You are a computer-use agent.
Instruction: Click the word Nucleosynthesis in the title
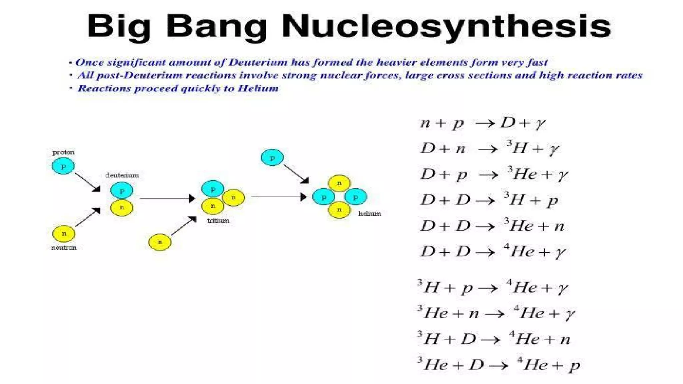[x=446, y=27]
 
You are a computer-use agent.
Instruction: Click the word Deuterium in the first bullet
[x=258, y=62]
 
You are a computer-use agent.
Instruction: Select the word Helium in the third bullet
[x=258, y=88]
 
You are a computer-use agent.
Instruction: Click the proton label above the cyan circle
[x=63, y=152]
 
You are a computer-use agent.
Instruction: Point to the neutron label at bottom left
[x=64, y=248]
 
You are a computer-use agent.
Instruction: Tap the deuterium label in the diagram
[x=122, y=175]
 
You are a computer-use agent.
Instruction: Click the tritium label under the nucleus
[x=218, y=221]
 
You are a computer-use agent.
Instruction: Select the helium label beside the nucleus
[x=370, y=214]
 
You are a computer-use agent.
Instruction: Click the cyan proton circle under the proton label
[x=63, y=166]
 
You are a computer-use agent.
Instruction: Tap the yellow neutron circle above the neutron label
[x=64, y=233]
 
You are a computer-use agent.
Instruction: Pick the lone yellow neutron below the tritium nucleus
[x=160, y=242]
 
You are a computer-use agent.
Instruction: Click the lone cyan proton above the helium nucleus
[x=272, y=158]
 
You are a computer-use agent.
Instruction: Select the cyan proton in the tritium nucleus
[x=212, y=189]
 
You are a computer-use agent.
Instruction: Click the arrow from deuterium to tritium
[x=167, y=198]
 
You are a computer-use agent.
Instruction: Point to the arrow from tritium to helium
[x=278, y=197]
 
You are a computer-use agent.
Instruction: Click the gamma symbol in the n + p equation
[x=541, y=124]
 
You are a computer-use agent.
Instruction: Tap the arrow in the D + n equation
[x=488, y=149]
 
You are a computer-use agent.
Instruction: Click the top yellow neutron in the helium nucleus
[x=339, y=183]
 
